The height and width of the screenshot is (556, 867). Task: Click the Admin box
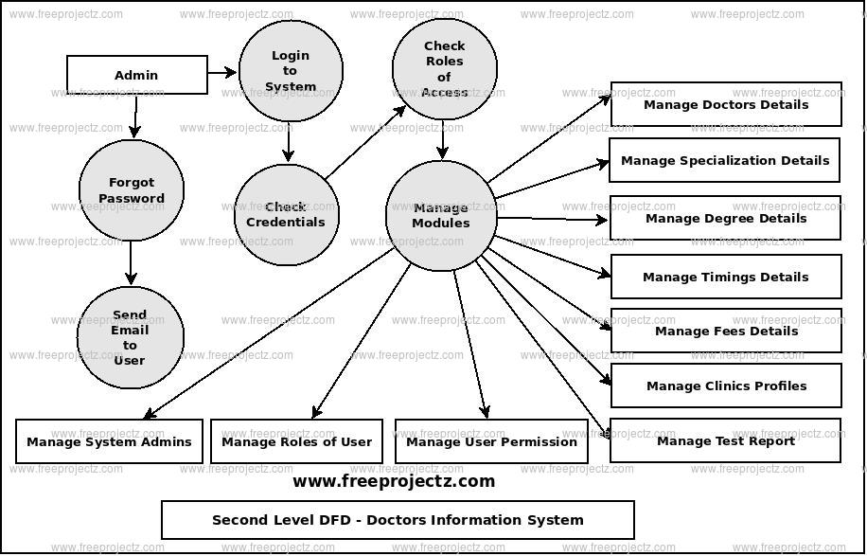coord(137,75)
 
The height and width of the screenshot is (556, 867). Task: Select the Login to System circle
coord(291,71)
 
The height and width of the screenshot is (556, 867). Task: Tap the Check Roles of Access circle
coord(444,69)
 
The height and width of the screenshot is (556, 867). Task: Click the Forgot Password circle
coord(131,190)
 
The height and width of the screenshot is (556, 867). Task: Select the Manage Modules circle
coord(441,216)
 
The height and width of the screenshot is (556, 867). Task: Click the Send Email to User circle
coord(130,338)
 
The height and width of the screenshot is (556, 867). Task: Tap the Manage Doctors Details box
coord(726,104)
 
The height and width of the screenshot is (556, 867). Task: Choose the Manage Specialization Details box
coord(725,160)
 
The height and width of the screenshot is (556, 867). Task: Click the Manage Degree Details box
coord(725,218)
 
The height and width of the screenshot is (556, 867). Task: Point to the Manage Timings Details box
coord(726,277)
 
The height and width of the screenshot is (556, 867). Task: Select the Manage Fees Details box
coord(726,331)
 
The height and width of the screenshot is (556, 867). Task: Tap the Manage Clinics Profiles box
coord(726,386)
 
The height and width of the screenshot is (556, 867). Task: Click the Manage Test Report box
coord(725,440)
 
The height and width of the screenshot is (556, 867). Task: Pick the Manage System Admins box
coord(109,441)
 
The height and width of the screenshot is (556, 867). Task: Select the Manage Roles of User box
coord(296,441)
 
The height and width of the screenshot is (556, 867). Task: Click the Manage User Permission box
coord(491,441)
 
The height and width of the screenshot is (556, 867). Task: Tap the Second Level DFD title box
coord(398,520)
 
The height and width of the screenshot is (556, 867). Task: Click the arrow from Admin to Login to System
coord(222,72)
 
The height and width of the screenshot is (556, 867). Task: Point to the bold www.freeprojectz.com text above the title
coord(394,481)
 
